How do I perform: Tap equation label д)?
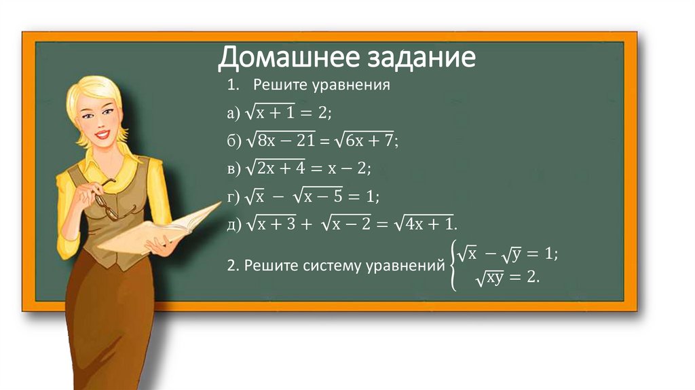click(234, 225)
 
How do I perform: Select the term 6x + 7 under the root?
click(369, 141)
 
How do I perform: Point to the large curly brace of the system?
click(451, 266)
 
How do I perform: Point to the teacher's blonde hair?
click(92, 95)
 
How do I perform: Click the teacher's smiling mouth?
click(102, 135)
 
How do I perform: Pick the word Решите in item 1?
click(278, 86)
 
